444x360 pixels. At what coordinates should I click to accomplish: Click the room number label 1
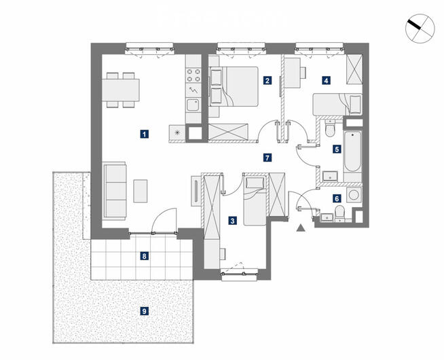145,134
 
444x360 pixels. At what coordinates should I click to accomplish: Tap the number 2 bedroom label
267,80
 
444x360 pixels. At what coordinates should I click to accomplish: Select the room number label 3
232,221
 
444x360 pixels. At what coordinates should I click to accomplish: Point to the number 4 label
326,81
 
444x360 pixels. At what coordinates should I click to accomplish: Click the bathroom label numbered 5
337,149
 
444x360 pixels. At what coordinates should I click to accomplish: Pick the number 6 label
337,198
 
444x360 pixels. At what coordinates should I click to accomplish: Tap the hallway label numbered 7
267,158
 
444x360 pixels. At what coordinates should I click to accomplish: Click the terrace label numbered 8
145,256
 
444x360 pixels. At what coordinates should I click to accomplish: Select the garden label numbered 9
145,312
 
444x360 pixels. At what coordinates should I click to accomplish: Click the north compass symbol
420,29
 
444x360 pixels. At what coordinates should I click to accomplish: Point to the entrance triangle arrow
301,228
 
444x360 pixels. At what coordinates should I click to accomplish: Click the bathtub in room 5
352,151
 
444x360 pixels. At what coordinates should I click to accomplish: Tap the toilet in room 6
339,213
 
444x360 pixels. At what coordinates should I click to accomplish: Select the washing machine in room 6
354,195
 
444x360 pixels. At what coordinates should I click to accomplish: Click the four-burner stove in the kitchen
193,75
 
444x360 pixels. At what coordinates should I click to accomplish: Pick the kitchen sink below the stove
193,105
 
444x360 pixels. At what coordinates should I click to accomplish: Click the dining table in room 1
121,90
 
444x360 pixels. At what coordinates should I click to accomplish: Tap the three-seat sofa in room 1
114,191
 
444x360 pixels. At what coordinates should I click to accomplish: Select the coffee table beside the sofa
141,191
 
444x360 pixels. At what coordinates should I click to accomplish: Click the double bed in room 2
234,86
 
